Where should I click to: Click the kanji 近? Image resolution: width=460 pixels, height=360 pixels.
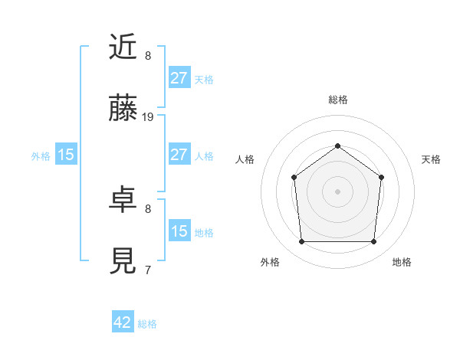pyautogui.click(x=123, y=49)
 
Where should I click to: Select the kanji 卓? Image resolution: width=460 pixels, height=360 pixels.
pyautogui.click(x=123, y=201)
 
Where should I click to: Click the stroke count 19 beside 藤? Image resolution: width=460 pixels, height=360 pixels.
pyautogui.click(x=148, y=117)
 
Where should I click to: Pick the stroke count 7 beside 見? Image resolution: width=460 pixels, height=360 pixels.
pyautogui.click(x=147, y=270)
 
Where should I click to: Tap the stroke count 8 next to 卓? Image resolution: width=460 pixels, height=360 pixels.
pyautogui.click(x=147, y=208)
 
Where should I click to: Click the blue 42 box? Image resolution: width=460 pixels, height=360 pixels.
pyautogui.click(x=123, y=322)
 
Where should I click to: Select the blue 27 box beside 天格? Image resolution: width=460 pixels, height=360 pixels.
pyautogui.click(x=179, y=78)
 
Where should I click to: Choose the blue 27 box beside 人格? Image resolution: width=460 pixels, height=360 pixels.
pyautogui.click(x=179, y=155)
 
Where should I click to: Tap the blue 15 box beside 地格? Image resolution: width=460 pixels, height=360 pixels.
pyautogui.click(x=179, y=231)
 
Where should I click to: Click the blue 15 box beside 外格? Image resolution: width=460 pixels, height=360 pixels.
pyautogui.click(x=66, y=155)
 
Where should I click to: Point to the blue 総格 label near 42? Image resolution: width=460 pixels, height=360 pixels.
pyautogui.click(x=147, y=324)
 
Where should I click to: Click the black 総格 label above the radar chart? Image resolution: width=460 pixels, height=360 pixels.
pyautogui.click(x=337, y=100)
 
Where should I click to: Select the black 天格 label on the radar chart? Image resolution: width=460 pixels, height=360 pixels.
pyautogui.click(x=431, y=159)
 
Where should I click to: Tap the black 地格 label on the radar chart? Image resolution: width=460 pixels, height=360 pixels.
pyautogui.click(x=402, y=262)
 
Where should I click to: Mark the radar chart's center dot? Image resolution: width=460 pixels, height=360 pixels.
pyautogui.click(x=337, y=191)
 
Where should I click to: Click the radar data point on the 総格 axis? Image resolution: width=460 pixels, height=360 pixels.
pyautogui.click(x=337, y=146)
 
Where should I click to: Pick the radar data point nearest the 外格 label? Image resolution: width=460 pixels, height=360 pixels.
pyautogui.click(x=301, y=242)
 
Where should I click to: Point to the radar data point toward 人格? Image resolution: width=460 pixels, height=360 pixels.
pyautogui.click(x=294, y=177)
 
